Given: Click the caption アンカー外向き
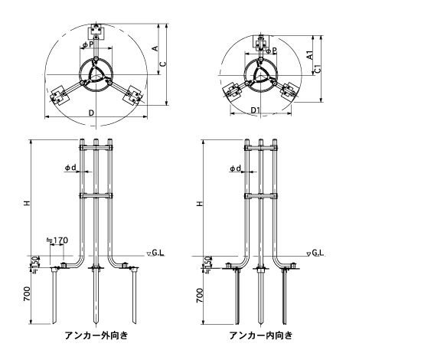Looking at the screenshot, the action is tap(96, 335).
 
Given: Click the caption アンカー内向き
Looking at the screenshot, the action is tap(260, 335).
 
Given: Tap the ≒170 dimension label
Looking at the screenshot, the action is tap(57, 241).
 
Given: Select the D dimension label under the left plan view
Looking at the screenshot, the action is tap(91, 113).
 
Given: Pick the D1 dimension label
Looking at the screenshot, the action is tap(256, 110).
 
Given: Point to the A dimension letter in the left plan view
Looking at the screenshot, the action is tap(155, 48).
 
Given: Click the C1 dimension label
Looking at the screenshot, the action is tap(318, 68).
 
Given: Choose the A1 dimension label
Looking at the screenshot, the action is tap(310, 55).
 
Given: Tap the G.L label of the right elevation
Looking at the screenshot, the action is tap(318, 252).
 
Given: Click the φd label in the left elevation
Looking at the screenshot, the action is tap(70, 168).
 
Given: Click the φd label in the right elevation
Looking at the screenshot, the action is tap(235, 169).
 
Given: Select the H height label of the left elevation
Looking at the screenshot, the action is tap(27, 203).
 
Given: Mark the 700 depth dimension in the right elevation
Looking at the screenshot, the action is tap(200, 296).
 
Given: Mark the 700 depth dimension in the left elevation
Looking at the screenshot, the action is tap(27, 293).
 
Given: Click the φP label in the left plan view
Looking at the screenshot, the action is tap(88, 44).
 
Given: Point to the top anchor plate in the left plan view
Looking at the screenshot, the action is tap(96, 32).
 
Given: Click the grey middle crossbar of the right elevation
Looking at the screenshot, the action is tap(261, 196).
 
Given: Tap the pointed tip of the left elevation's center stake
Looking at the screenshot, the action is tap(96, 324).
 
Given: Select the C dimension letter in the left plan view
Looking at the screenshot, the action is tap(163, 64).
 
